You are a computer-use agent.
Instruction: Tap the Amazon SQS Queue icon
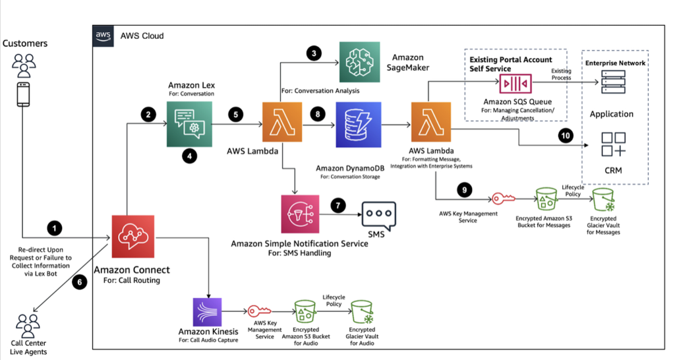(x=517, y=84)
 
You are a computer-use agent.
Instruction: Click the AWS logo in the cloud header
(x=101, y=36)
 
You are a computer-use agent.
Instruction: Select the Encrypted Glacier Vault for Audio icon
(x=361, y=312)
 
